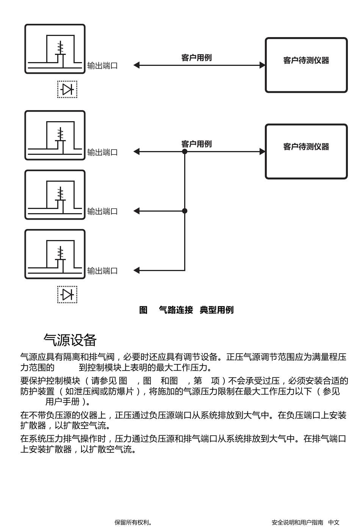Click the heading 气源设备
pos(70,340)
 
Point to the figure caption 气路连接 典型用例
pos(196,310)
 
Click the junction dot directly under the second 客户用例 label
pos(185,151)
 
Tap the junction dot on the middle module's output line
pos(185,211)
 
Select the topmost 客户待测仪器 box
pos(306,65)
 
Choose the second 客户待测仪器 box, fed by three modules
pos(306,151)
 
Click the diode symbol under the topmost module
pos(67,89)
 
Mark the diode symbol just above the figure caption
pos(67,295)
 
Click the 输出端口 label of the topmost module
pos(102,65)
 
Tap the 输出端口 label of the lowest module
pos(102,271)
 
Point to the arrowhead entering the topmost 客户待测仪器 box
pos(262,65)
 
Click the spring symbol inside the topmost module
pos(61,48)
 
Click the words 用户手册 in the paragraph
pos(63,402)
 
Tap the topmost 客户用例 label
pos(196,58)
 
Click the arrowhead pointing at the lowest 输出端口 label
pos(136,270)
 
